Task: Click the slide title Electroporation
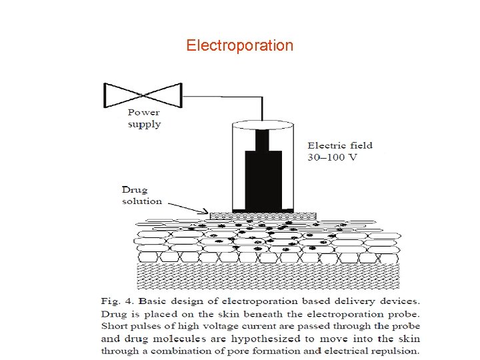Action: (x=239, y=45)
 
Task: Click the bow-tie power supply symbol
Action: (x=143, y=95)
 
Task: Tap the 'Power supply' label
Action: (x=144, y=118)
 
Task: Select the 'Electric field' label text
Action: (x=339, y=145)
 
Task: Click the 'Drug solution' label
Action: (x=142, y=195)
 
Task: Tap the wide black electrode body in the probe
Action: (x=261, y=179)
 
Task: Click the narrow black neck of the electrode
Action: (x=261, y=139)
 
